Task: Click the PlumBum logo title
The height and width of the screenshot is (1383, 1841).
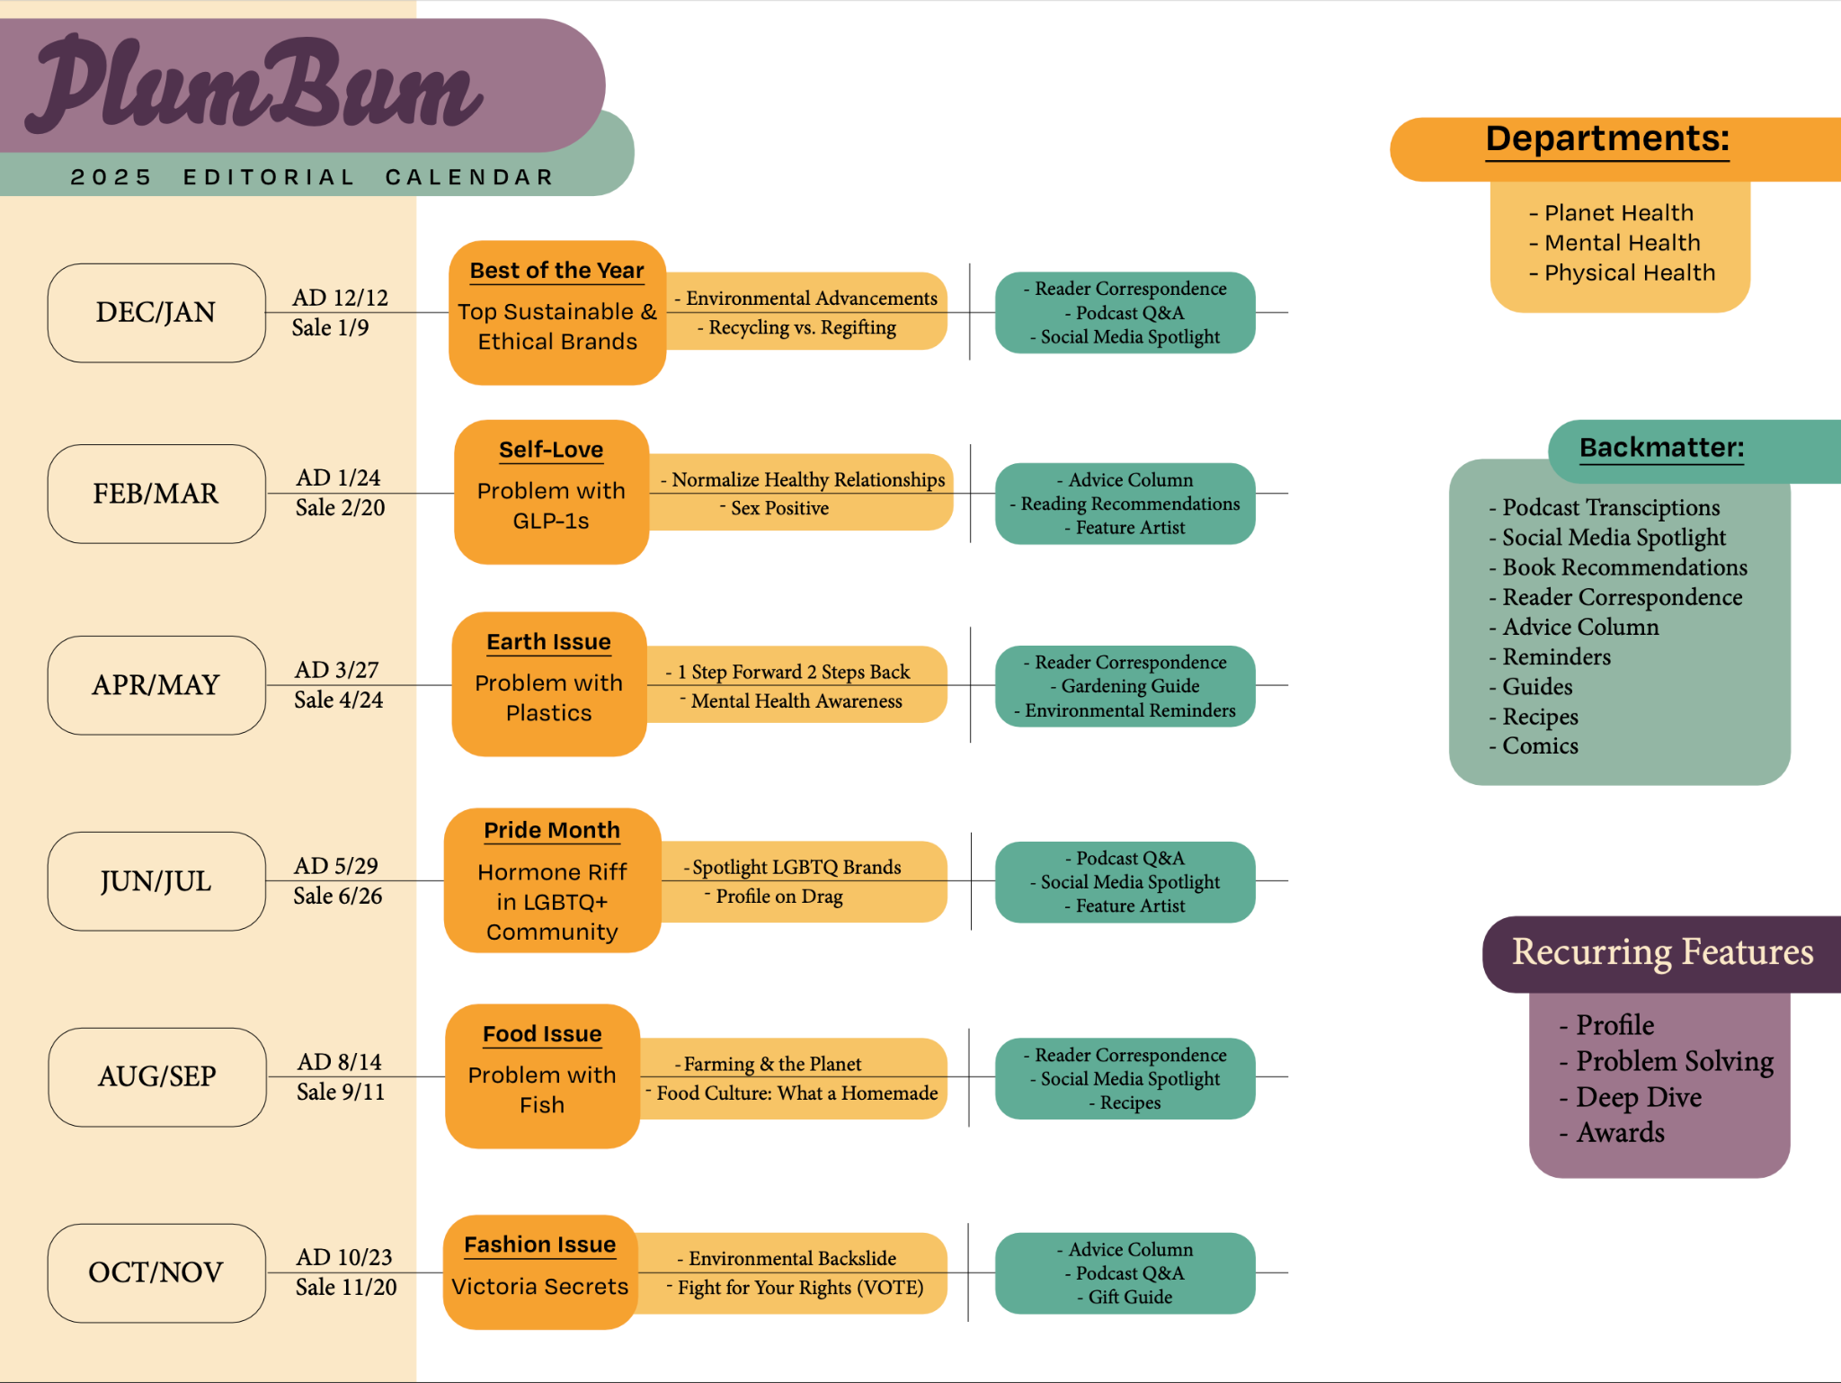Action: point(256,85)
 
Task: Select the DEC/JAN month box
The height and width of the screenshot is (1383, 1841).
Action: point(156,313)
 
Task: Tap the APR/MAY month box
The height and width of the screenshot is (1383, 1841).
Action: point(156,685)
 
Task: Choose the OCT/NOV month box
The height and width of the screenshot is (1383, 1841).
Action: point(156,1272)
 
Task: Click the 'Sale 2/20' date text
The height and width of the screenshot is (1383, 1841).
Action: point(340,508)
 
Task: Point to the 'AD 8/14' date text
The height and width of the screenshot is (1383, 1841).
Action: point(339,1062)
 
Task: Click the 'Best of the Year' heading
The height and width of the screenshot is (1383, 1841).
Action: point(556,271)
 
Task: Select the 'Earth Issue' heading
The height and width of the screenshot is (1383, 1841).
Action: point(548,642)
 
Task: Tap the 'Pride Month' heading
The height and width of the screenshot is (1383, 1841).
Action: point(552,830)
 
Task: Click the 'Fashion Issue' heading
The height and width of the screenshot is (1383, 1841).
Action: point(540,1245)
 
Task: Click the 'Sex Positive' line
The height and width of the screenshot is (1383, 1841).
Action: point(779,508)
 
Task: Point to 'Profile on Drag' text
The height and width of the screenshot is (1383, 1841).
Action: point(779,897)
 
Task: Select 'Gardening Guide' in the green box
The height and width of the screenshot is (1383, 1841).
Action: point(1130,686)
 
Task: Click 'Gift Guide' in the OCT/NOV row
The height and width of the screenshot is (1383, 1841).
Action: point(1130,1297)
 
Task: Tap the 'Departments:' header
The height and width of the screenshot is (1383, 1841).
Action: point(1607,139)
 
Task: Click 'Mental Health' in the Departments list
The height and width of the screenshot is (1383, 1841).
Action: point(1622,243)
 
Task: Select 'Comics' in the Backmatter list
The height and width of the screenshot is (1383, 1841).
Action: point(1540,746)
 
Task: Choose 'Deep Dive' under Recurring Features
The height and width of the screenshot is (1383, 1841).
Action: point(1638,1097)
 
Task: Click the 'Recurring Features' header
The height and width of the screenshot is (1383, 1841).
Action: point(1662,951)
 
